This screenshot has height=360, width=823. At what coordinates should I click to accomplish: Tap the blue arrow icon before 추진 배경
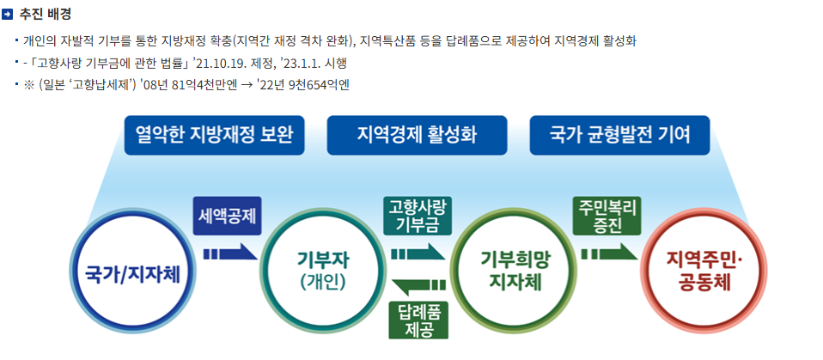tap(9, 14)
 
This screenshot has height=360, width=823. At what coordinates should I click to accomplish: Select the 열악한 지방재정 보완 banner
tap(214, 135)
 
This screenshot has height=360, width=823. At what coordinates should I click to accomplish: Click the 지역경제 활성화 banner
tap(416, 135)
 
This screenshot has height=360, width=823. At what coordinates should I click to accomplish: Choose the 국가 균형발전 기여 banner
tap(619, 135)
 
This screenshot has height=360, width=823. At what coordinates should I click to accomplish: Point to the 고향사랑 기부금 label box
tap(417, 217)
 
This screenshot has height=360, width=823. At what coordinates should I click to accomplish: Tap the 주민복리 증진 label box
tap(607, 217)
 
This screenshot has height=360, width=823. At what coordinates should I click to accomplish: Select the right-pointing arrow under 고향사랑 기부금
tap(418, 254)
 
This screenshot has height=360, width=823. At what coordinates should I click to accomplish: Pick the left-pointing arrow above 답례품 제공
tap(418, 284)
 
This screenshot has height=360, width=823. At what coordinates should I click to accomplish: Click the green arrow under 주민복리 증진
tap(608, 254)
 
